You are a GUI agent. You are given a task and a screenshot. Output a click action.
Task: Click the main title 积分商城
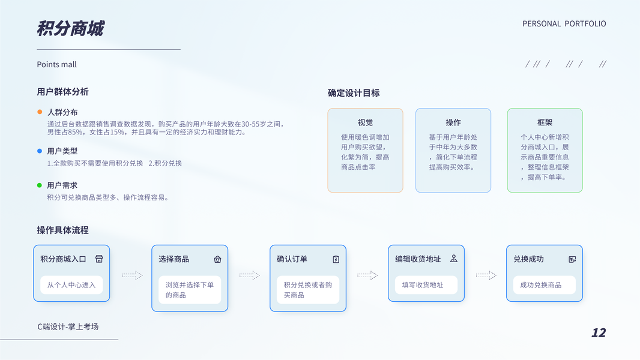pyautogui.click(x=70, y=29)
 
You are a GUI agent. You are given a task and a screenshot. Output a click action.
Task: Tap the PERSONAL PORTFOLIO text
pyautogui.click(x=564, y=23)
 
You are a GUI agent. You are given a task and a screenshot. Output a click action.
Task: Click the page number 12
pyautogui.click(x=599, y=332)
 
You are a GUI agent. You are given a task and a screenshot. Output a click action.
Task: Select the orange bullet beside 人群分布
pyautogui.click(x=40, y=112)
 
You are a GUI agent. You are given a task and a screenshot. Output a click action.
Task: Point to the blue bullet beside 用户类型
pyautogui.click(x=40, y=151)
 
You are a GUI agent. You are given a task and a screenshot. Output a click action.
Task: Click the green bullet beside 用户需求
pyautogui.click(x=40, y=185)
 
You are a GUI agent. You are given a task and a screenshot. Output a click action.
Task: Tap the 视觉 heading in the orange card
pyautogui.click(x=365, y=122)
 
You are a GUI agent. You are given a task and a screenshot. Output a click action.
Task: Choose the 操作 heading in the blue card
pyautogui.click(x=453, y=122)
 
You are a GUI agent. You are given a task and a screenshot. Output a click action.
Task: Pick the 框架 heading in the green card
pyautogui.click(x=545, y=122)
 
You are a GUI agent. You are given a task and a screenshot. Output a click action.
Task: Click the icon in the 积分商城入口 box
pyautogui.click(x=99, y=259)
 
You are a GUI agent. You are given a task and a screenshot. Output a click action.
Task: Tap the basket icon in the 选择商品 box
pyautogui.click(x=217, y=259)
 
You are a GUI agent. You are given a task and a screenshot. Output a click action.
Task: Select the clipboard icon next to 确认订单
pyautogui.click(x=336, y=259)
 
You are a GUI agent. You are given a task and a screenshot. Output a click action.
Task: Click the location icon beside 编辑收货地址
pyautogui.click(x=454, y=259)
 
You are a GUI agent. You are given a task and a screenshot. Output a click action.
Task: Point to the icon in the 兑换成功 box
pyautogui.click(x=572, y=259)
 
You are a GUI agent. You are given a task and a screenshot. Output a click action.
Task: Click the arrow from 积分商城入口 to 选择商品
pyautogui.click(x=132, y=275)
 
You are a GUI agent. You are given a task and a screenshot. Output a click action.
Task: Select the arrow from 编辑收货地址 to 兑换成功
pyautogui.click(x=486, y=275)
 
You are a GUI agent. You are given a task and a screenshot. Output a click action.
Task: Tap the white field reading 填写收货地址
pyautogui.click(x=426, y=284)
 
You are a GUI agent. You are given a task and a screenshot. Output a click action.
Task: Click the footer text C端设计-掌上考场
pyautogui.click(x=68, y=326)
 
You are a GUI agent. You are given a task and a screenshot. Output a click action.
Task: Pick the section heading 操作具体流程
pyautogui.click(x=62, y=230)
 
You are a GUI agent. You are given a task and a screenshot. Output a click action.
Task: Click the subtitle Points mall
pyautogui.click(x=56, y=64)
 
